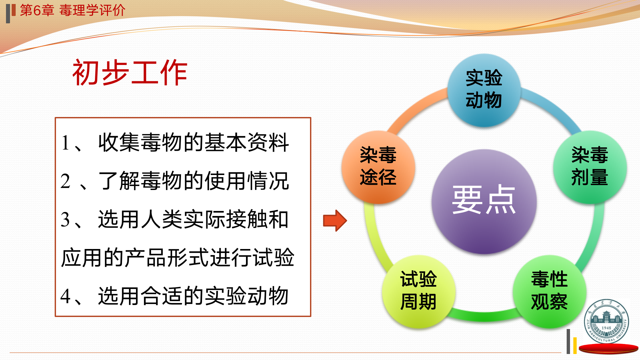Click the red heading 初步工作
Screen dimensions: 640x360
coord(130,73)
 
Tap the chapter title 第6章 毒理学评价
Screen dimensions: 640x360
coord(73,10)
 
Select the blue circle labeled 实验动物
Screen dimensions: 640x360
coord(484,90)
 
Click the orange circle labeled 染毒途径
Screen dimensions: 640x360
coord(378,167)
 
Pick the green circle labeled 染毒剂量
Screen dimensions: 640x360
coord(590,167)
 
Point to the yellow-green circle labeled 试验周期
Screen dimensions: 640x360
coord(419,292)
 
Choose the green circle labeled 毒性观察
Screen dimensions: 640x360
coord(550,292)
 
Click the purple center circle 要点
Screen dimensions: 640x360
coord(484,201)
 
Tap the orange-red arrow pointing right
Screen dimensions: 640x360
coord(335,221)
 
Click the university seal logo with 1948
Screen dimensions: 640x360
coord(606,321)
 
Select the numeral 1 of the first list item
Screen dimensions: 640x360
coord(65,143)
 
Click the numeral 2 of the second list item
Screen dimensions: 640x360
coord(65,181)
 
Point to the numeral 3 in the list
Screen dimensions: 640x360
coord(65,220)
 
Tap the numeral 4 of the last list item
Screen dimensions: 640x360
coord(65,296)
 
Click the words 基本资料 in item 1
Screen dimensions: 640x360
coord(247,143)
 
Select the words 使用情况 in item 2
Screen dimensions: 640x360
coord(247,181)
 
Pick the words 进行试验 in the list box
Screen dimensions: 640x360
coord(252,258)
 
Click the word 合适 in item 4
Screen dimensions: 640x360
coord(162,296)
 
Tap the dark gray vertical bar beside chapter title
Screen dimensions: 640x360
coord(8,14)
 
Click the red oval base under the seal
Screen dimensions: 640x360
coord(609,349)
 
